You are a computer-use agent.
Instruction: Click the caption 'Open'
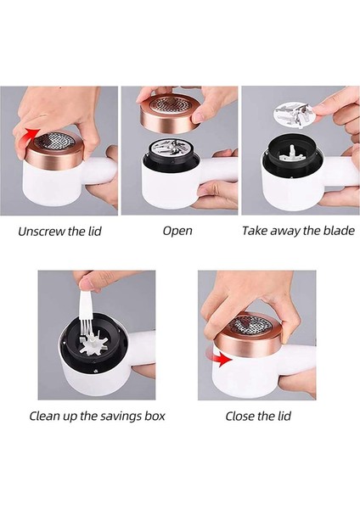coord(177,230)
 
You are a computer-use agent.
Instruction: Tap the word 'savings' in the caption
coord(111,416)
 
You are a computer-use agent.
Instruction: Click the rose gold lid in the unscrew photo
coord(56,153)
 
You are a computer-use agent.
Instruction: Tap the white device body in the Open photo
coord(166,191)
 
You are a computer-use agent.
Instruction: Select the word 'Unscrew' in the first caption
coord(37,230)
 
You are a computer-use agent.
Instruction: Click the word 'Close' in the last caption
coord(240,416)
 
